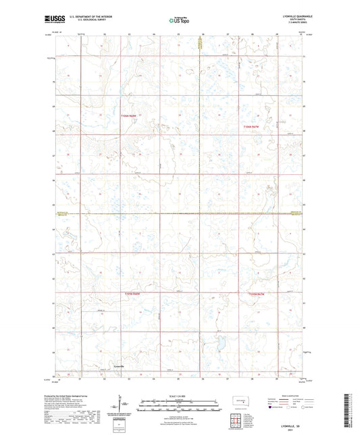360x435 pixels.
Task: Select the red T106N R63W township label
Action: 128,116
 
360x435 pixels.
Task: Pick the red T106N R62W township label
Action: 251,126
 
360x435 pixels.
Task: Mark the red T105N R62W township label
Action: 257,294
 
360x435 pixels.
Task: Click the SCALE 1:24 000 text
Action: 180,395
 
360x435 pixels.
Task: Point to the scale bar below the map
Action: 180,403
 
